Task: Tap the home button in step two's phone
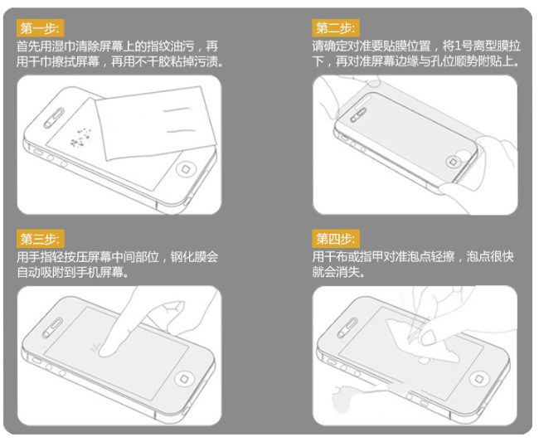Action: coord(457,160)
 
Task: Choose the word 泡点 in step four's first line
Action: coord(424,258)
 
